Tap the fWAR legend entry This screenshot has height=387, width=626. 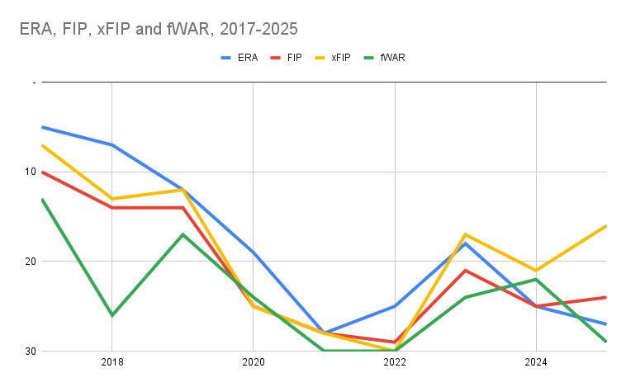[x=391, y=58]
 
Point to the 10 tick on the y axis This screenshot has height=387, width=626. [x=31, y=172]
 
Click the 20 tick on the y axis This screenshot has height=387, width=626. [x=31, y=262]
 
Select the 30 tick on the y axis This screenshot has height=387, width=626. [x=31, y=351]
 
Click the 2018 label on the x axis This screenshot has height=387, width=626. [x=111, y=362]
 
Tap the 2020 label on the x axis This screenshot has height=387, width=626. [x=253, y=362]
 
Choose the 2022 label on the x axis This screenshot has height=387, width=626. [x=395, y=362]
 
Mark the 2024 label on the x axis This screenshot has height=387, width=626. [x=536, y=362]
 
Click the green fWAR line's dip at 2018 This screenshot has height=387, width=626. [x=111, y=315]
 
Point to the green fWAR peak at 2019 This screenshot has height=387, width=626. [x=183, y=234]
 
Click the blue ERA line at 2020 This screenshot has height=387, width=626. [x=253, y=252]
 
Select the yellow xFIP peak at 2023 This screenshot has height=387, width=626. [x=466, y=234]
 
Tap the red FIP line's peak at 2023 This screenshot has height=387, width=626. [x=466, y=270]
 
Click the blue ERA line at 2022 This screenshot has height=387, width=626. [x=395, y=306]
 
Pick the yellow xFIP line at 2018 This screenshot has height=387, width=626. [x=111, y=199]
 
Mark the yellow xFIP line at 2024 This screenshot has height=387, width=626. [x=536, y=270]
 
